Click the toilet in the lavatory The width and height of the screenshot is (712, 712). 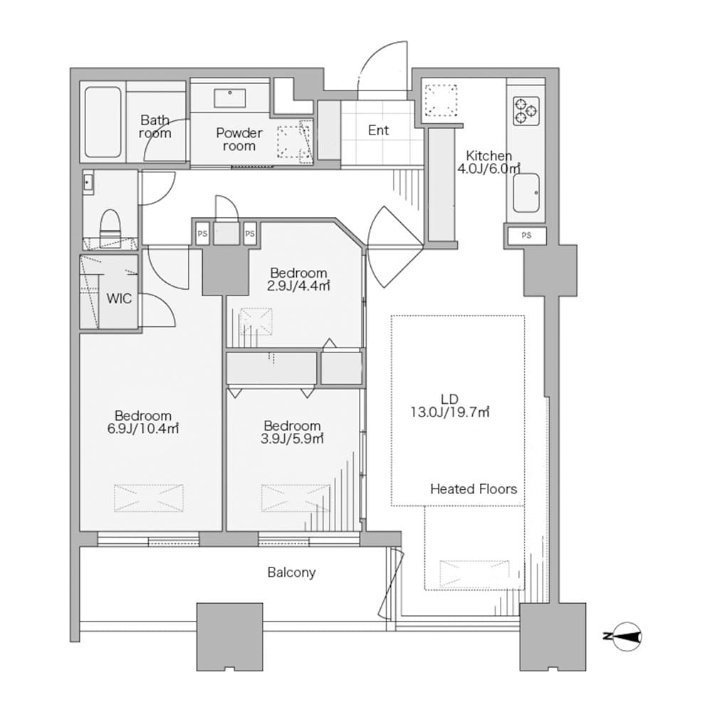point(110,224)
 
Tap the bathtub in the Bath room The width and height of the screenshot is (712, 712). point(103,122)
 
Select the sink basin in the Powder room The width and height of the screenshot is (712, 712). point(230,98)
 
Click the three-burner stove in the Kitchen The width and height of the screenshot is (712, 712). point(526,111)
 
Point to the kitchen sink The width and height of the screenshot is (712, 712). point(526,192)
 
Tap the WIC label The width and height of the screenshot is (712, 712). point(119,298)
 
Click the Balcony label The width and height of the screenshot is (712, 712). point(291,572)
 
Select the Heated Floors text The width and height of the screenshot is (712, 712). point(473,489)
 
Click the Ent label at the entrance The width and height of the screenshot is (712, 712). point(378,130)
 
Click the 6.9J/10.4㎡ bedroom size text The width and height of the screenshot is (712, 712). point(143,429)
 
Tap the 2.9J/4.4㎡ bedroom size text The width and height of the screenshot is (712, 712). point(298,286)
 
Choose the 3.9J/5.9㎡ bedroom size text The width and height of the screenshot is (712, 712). point(292,439)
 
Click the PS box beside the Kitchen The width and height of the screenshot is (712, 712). point(526,236)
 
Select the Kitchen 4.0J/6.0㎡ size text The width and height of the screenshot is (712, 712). point(489,169)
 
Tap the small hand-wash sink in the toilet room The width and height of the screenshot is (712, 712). point(88,183)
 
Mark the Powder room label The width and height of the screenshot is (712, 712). point(239,140)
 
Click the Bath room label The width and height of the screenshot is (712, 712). point(155,127)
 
